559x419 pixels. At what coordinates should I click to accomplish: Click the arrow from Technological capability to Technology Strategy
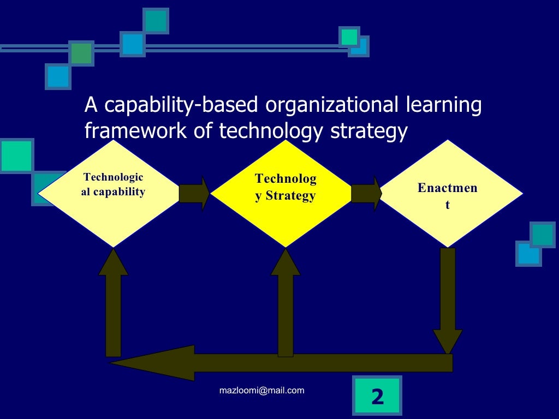pyautogui.click(x=194, y=193)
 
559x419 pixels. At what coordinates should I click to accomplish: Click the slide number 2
pyautogui.click(x=377, y=397)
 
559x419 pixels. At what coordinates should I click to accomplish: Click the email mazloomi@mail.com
pyautogui.click(x=261, y=390)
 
